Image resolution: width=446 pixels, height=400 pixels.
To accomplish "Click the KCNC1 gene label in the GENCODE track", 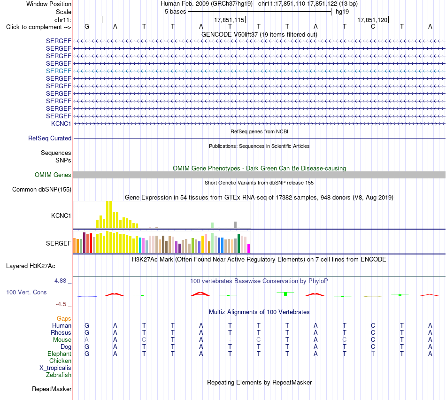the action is [61, 123].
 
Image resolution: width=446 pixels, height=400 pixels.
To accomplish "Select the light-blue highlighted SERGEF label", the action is [58, 71].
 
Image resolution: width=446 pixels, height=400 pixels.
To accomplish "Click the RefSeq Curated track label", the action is [50, 138].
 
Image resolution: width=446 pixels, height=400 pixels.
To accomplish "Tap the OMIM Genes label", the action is [53, 175].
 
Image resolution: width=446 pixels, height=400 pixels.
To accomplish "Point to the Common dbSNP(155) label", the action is [42, 190].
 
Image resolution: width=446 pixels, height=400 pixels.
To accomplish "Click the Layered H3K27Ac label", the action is [31, 266].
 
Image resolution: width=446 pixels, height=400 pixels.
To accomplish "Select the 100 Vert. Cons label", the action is [26, 292].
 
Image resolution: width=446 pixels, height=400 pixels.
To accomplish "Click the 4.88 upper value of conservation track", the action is [60, 280].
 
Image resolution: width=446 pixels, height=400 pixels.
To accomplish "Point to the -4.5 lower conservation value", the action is [61, 304].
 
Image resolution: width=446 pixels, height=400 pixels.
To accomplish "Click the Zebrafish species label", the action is [59, 375].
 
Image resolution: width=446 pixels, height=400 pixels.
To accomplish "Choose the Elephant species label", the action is [59, 354].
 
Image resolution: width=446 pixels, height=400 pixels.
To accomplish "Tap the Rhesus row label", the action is [61, 332].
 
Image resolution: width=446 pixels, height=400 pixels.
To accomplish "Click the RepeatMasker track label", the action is [52, 389].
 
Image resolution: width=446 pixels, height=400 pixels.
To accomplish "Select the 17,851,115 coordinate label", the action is [229, 20].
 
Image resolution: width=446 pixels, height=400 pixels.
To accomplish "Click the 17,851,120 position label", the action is [372, 20].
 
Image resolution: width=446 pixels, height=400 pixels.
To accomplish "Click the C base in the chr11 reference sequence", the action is [373, 26].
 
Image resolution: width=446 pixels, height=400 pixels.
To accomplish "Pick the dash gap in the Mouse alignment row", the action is [230, 340].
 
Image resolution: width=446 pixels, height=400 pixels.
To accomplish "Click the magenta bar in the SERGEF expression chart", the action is [249, 249].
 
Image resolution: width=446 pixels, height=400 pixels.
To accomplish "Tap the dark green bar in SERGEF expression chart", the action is [238, 244].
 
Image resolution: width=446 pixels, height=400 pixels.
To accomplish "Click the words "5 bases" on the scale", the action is [175, 12].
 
